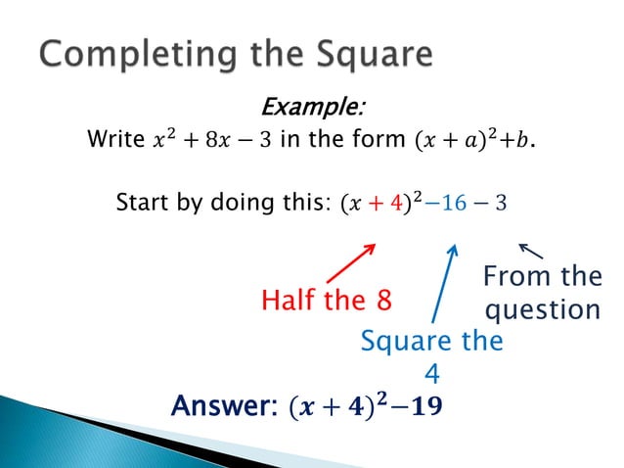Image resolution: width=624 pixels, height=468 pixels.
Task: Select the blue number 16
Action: pyautogui.click(x=457, y=206)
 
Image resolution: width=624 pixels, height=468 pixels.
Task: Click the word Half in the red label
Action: pyautogui.click(x=290, y=301)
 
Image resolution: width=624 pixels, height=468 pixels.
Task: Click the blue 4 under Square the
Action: pyautogui.click(x=431, y=373)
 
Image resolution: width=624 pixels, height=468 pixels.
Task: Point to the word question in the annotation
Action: pyautogui.click(x=543, y=310)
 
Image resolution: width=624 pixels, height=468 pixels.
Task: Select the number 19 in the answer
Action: pyautogui.click(x=425, y=404)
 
